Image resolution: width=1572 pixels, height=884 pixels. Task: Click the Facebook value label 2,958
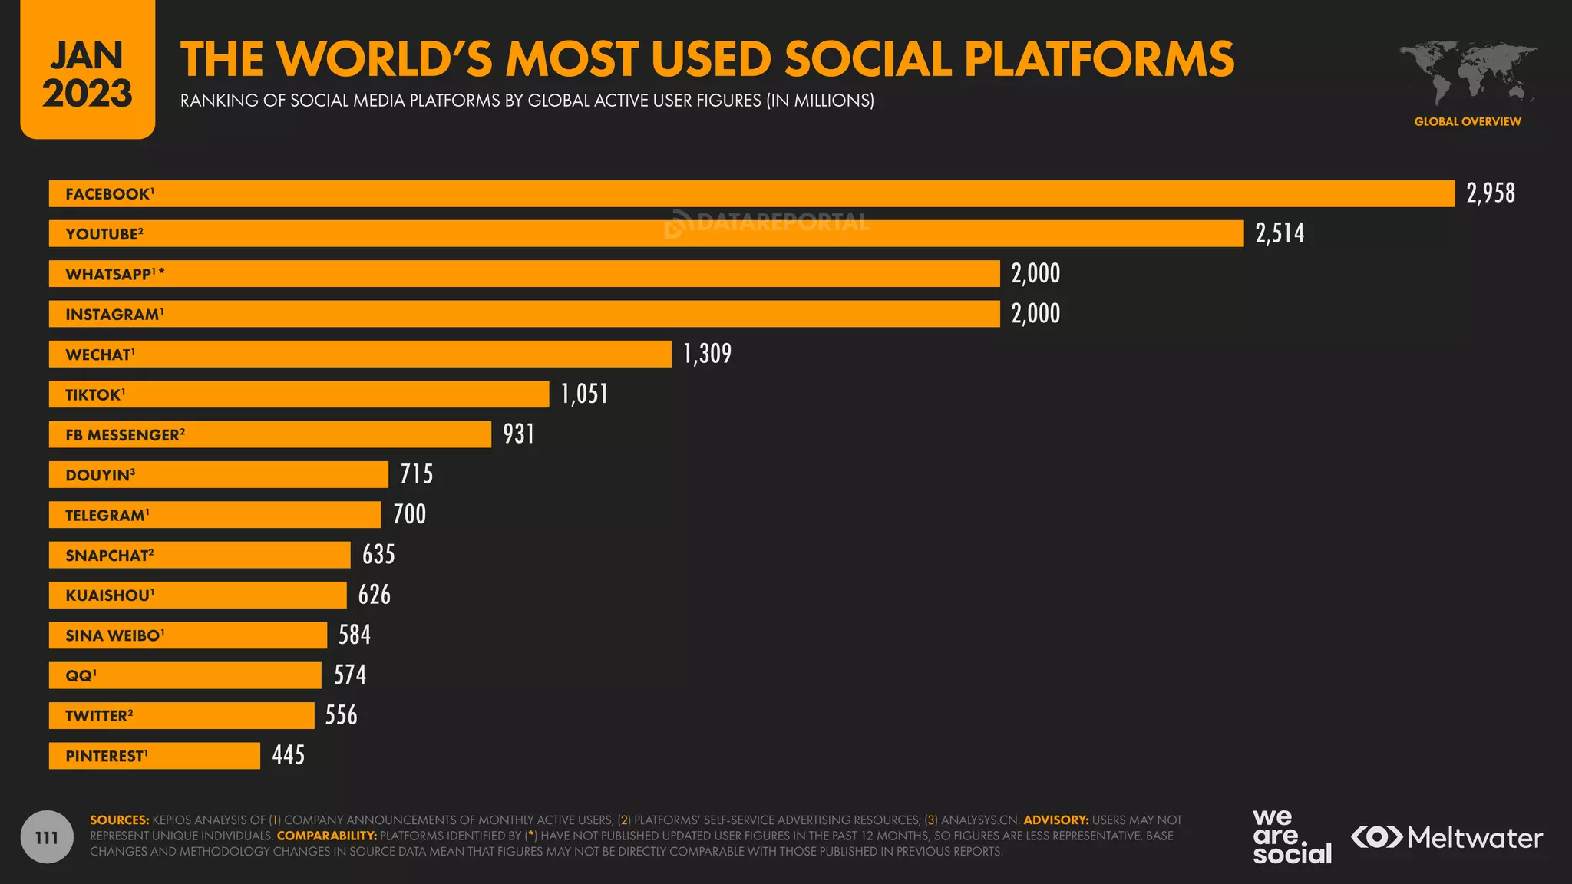tap(1491, 193)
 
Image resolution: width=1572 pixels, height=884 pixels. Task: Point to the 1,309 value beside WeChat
tap(707, 354)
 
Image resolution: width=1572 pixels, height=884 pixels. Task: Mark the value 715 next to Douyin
tap(417, 474)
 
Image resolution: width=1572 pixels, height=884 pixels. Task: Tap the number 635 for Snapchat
tap(378, 555)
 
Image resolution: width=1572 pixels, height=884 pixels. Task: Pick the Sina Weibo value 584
tap(355, 635)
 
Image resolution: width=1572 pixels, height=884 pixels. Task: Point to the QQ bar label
tap(81, 676)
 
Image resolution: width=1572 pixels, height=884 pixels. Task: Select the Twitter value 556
tap(342, 715)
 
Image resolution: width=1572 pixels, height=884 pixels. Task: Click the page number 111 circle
tap(47, 837)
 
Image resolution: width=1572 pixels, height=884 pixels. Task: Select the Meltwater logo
tap(1447, 837)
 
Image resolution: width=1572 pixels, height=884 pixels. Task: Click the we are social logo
tap(1291, 837)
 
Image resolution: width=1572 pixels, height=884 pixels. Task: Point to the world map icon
tap(1467, 73)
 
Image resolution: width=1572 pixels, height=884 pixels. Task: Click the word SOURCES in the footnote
tap(119, 820)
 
